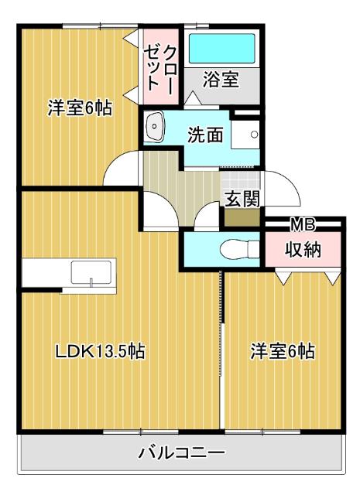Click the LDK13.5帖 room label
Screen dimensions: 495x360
click(100, 351)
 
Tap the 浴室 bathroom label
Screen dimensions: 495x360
click(221, 78)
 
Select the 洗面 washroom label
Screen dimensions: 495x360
click(205, 135)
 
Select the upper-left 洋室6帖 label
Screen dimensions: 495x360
click(80, 108)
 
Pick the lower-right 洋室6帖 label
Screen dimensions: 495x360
click(282, 351)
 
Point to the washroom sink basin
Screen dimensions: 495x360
click(154, 126)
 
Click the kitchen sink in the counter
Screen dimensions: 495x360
click(92, 272)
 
